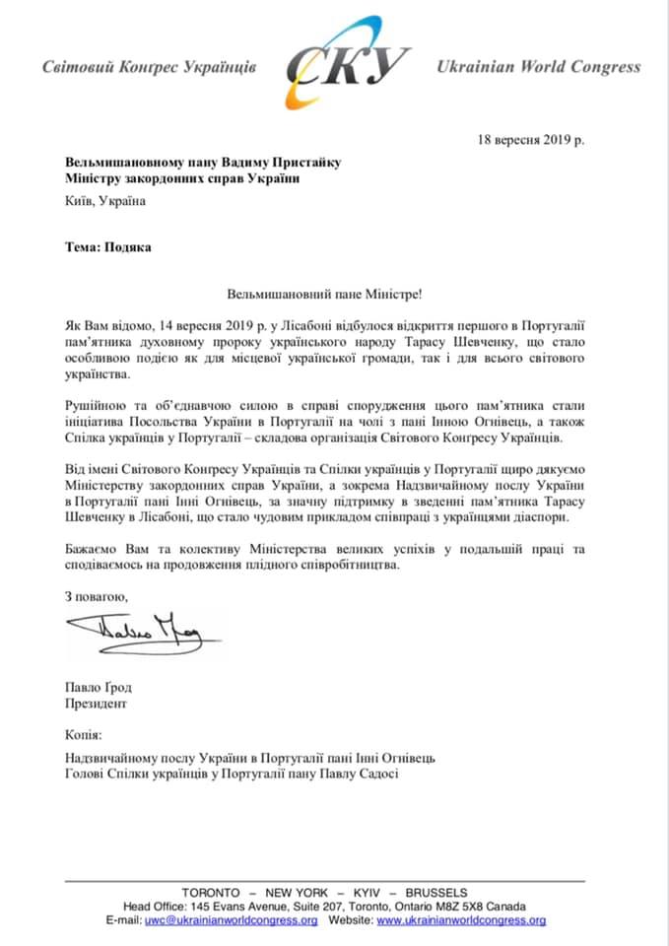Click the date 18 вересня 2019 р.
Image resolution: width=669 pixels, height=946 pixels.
coord(530,139)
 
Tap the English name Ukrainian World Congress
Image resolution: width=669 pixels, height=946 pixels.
coord(538,67)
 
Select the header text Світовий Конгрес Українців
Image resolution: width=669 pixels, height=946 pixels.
coord(149,68)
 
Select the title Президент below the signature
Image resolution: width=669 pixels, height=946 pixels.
coord(96,705)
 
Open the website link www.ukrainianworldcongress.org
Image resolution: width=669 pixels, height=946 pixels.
coord(461,920)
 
